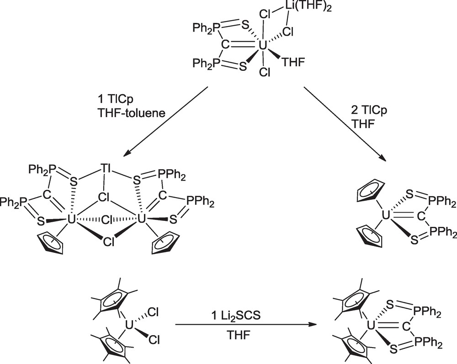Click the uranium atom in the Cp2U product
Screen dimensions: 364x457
(386, 213)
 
